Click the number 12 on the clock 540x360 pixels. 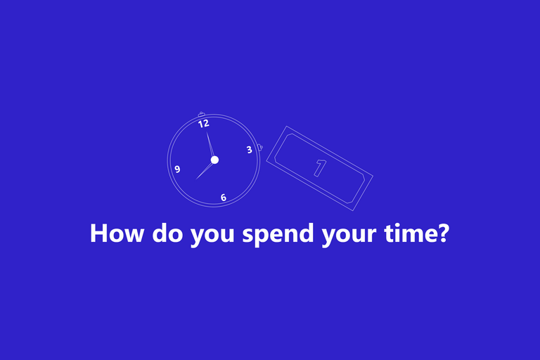point(203,123)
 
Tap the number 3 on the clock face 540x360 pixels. point(250,150)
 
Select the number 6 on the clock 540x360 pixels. point(223,198)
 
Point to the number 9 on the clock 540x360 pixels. point(177,169)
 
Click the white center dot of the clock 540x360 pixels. point(214,160)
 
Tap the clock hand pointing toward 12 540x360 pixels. point(210,146)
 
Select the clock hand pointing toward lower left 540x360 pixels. point(205,171)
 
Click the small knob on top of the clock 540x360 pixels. point(202,115)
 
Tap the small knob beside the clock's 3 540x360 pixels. point(260,148)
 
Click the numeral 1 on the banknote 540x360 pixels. point(320,168)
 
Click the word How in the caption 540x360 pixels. point(117,233)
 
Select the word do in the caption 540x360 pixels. point(168,233)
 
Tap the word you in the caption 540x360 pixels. point(212,236)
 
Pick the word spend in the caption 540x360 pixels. point(278,234)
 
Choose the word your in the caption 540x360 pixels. point(349,236)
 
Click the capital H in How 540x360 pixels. point(98,233)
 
